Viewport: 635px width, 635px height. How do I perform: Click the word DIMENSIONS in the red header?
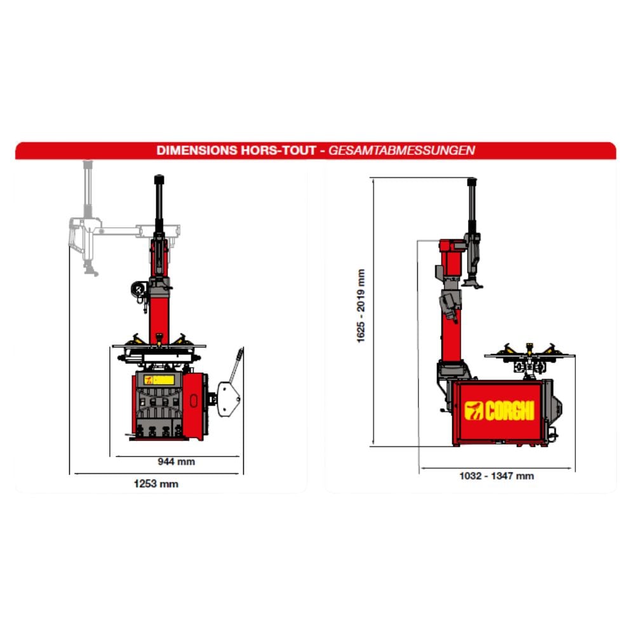click(x=196, y=150)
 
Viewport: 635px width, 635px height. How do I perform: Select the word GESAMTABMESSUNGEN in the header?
click(x=401, y=150)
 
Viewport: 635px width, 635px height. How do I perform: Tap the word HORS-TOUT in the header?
click(x=278, y=150)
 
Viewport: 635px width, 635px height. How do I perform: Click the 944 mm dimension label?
click(x=176, y=462)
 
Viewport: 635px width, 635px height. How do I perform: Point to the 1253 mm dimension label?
click(x=156, y=483)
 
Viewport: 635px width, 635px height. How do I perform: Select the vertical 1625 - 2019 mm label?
click(x=361, y=306)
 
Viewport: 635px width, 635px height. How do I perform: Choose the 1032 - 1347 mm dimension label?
click(x=497, y=476)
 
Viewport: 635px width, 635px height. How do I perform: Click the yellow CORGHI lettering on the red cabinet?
click(x=510, y=411)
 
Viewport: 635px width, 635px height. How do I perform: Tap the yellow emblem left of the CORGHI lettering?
click(x=474, y=411)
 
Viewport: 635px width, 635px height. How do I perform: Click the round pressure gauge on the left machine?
click(x=138, y=289)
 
